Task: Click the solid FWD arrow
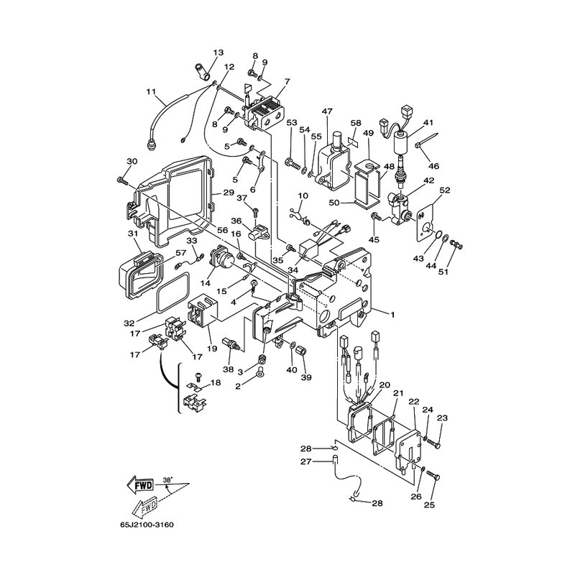tap(140, 486)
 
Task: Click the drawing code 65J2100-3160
tap(147, 525)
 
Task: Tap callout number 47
tap(327, 111)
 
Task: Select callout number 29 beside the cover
tap(229, 192)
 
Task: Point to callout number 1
tap(392, 314)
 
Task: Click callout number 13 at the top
tap(218, 52)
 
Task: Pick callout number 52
tap(444, 190)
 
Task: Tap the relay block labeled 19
tap(203, 313)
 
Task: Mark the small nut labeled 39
tap(301, 351)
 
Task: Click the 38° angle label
tap(167, 479)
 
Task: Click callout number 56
tap(222, 230)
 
